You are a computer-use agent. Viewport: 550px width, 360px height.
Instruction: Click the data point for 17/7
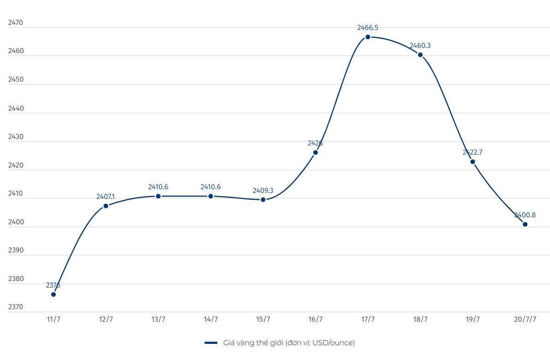point(368,37)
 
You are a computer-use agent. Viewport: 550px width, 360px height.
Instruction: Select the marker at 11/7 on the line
point(54,294)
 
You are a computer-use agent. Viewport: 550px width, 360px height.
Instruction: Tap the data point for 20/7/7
point(525,224)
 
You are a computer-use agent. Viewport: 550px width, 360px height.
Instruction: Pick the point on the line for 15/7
point(263,199)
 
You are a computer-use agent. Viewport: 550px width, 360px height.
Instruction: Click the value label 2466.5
point(368,28)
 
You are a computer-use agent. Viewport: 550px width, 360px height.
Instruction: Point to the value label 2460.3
point(420,46)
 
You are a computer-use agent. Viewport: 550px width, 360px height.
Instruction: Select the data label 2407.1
point(105,197)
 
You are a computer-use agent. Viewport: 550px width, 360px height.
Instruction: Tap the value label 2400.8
point(525,215)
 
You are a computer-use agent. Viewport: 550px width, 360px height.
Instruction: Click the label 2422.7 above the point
point(472,152)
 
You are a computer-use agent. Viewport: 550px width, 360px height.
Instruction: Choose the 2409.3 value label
point(263,190)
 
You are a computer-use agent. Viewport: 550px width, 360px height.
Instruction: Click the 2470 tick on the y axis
point(16,23)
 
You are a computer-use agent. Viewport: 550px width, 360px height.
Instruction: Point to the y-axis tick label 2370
point(16,307)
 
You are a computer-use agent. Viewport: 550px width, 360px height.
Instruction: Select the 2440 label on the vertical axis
point(16,108)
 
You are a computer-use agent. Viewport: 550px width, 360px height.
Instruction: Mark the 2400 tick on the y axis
point(16,222)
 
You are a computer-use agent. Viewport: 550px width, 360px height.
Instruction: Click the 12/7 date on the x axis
point(106,319)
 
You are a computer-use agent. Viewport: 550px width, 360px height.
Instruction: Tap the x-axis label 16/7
point(316,319)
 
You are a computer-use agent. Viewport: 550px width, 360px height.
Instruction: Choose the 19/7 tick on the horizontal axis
point(472,319)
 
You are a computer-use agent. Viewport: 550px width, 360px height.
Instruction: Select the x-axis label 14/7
point(210,319)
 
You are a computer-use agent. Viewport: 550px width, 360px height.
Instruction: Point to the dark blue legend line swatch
point(211,343)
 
